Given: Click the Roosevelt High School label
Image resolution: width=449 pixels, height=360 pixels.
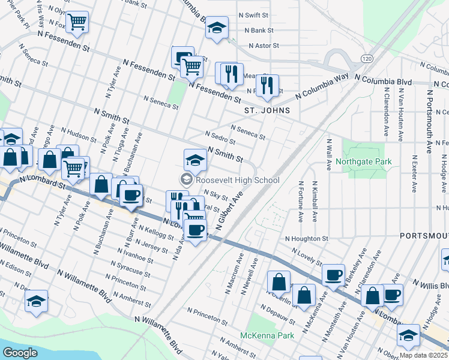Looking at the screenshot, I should [x=237, y=180].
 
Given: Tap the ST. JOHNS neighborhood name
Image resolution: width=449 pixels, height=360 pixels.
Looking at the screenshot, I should [x=267, y=110].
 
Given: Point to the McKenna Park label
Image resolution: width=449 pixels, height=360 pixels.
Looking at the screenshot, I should [x=267, y=335].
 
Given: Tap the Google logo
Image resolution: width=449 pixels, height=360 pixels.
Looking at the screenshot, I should [x=20, y=353].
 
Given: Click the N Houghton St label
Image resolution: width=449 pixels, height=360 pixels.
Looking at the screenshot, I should [x=306, y=238].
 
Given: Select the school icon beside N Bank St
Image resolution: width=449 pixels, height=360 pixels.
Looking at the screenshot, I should [x=217, y=28].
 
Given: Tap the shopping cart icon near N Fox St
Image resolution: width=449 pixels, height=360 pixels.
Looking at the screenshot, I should [x=77, y=22].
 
